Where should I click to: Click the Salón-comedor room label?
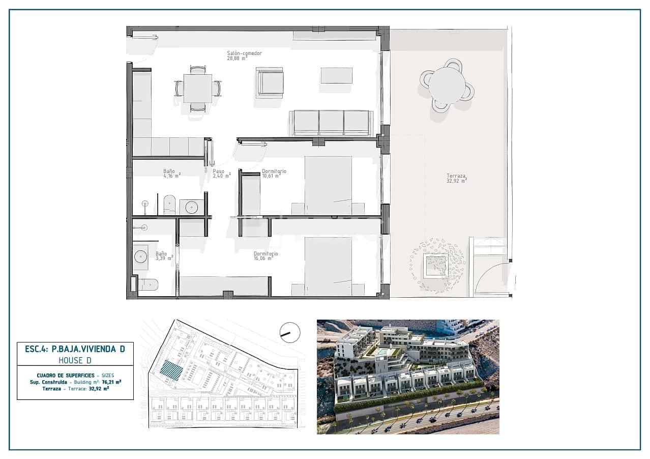(244, 55)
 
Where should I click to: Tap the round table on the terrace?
(447, 85)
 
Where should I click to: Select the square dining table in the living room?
(198, 89)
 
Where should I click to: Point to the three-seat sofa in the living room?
(331, 123)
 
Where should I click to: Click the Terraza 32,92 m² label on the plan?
(456, 178)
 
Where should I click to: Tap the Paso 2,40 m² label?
(221, 174)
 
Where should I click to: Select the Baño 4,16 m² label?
(171, 174)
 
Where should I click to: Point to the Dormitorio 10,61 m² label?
(274, 174)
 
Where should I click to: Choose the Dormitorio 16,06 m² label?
(266, 255)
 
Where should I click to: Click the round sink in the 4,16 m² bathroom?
(192, 207)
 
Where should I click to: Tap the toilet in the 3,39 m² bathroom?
(148, 284)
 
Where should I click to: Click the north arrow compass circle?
(290, 332)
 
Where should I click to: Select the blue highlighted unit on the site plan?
(171, 370)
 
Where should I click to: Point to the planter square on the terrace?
(436, 265)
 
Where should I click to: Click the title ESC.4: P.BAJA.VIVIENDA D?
(75, 349)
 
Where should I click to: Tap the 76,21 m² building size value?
(111, 381)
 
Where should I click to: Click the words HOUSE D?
(75, 360)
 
